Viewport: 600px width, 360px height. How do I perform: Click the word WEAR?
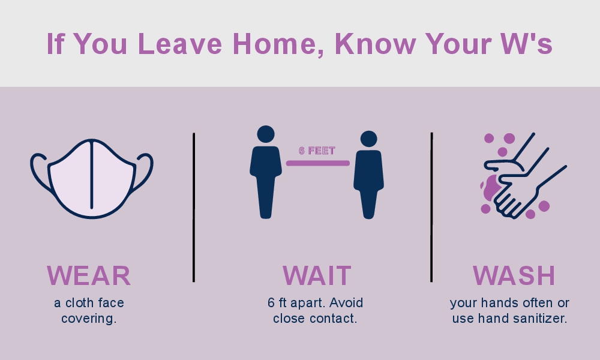(x=89, y=275)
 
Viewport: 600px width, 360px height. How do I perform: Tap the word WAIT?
(x=317, y=275)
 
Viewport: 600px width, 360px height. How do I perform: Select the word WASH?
(x=514, y=275)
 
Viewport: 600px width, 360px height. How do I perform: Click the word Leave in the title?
(x=180, y=44)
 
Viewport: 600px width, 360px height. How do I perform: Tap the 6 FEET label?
(x=317, y=151)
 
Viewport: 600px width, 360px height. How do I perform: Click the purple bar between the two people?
(x=318, y=163)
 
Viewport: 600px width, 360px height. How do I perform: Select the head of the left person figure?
(x=266, y=134)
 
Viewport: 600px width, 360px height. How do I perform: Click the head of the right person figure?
(x=368, y=139)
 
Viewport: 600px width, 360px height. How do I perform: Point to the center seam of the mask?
(x=92, y=175)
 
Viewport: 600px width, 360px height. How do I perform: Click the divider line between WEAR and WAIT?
(x=194, y=208)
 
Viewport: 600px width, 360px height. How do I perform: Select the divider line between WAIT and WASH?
(x=431, y=208)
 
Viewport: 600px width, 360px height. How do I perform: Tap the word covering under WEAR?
(x=89, y=319)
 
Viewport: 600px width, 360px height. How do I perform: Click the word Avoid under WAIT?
(x=346, y=303)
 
